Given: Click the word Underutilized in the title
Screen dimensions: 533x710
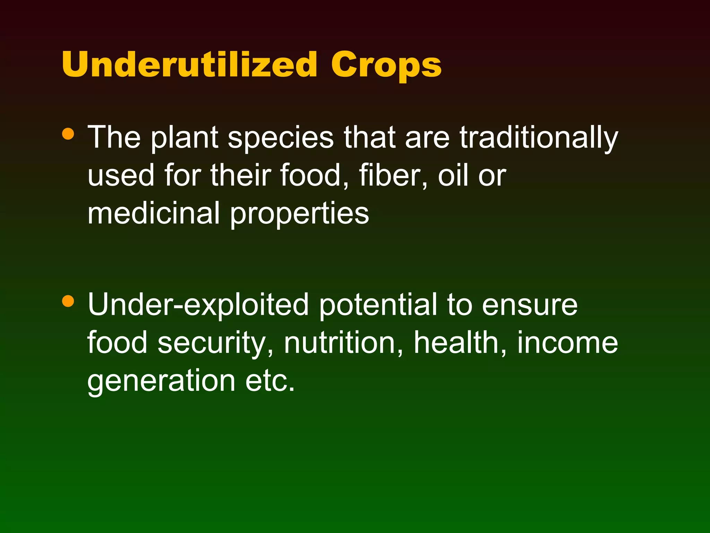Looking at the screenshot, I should [189, 65].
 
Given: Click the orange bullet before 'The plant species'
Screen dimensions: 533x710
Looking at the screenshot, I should [68, 134].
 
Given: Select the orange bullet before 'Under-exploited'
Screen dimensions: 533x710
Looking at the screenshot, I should [68, 301].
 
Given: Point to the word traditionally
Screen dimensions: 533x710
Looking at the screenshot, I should [539, 138].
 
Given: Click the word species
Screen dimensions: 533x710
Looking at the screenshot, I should [280, 138].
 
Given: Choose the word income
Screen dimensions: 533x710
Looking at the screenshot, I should [568, 343].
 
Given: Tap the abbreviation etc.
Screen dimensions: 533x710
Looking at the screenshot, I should [270, 381].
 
